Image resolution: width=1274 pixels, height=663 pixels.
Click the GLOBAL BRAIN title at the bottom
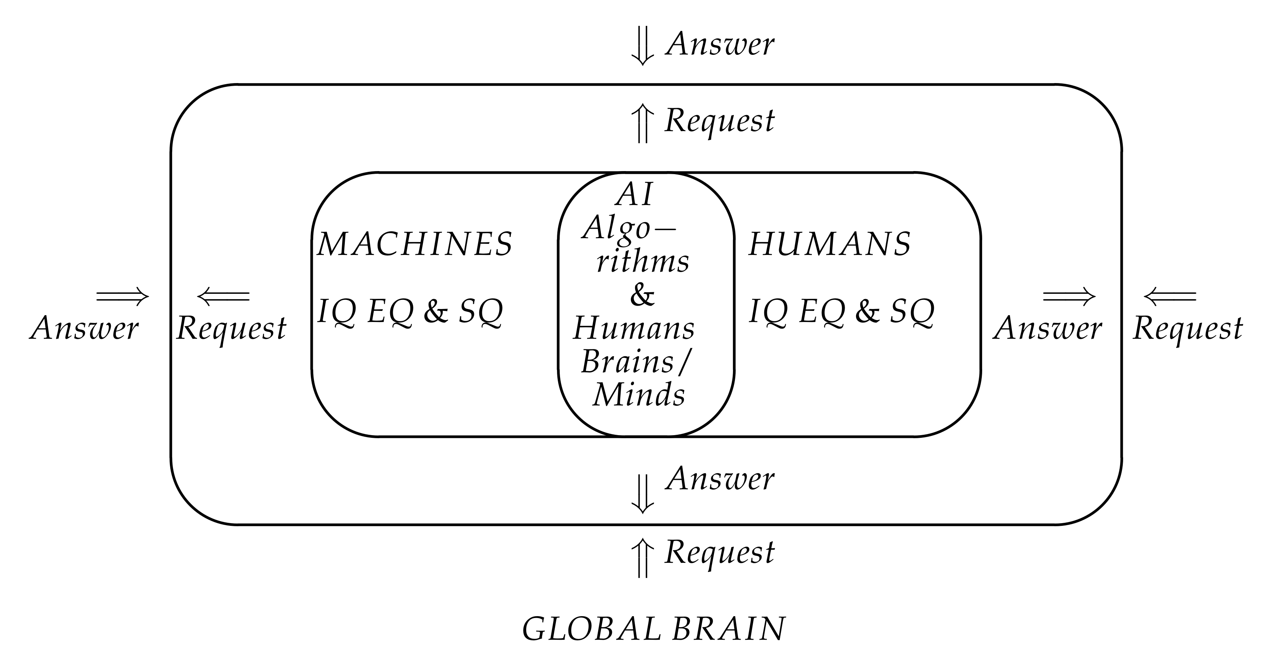pyautogui.click(x=653, y=629)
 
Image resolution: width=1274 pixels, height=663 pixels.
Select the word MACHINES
pyautogui.click(x=415, y=244)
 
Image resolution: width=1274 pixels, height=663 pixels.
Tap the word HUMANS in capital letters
pyautogui.click(x=829, y=244)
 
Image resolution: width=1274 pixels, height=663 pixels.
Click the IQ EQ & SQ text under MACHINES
pyautogui.click(x=410, y=312)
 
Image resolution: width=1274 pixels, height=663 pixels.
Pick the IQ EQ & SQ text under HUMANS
pyautogui.click(x=841, y=312)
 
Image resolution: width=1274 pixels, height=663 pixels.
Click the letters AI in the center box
pyautogui.click(x=635, y=194)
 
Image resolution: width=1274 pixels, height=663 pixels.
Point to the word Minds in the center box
pyautogui.click(x=639, y=395)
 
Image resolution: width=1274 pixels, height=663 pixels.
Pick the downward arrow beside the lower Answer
pyautogui.click(x=642, y=494)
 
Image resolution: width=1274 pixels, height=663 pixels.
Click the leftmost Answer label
pyautogui.click(x=84, y=328)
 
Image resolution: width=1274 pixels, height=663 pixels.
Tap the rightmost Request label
pyautogui.click(x=1188, y=328)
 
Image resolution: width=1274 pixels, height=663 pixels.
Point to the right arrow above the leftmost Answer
pyautogui.click(x=122, y=297)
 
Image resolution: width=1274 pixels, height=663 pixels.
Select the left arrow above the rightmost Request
pyautogui.click(x=1170, y=297)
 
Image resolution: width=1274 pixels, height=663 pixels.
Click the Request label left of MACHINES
pyautogui.click(x=231, y=328)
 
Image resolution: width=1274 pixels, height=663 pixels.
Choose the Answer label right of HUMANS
pyautogui.click(x=1047, y=328)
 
